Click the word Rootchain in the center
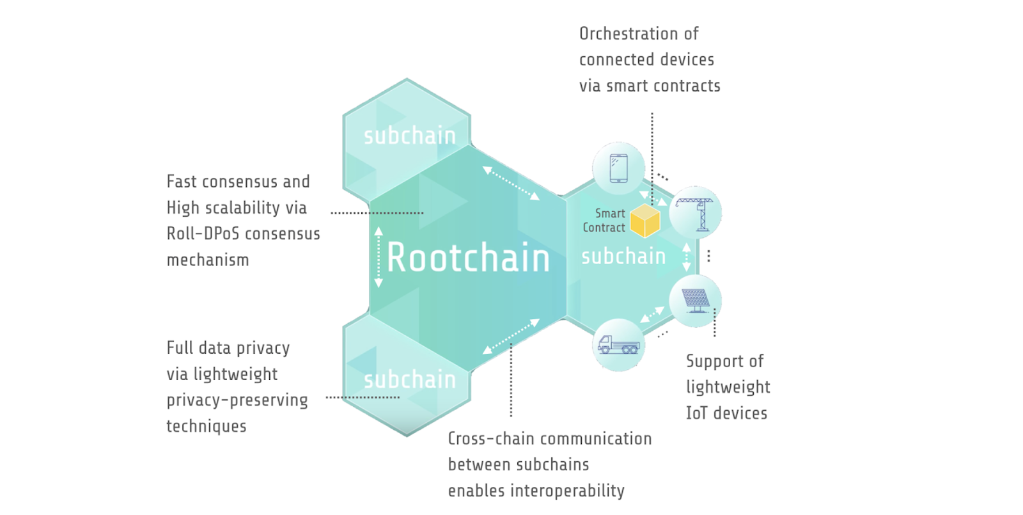click(468, 258)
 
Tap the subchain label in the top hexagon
click(410, 136)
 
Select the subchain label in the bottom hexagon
click(410, 379)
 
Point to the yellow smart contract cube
click(644, 221)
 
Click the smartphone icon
click(618, 168)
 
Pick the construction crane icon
click(696, 213)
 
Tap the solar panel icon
click(696, 301)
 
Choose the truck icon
click(618, 345)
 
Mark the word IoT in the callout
click(696, 413)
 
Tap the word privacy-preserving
click(237, 400)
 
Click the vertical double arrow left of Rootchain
click(379, 257)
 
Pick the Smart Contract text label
click(604, 220)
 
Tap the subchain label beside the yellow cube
click(623, 257)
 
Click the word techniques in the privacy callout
click(207, 426)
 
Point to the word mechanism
click(208, 260)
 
